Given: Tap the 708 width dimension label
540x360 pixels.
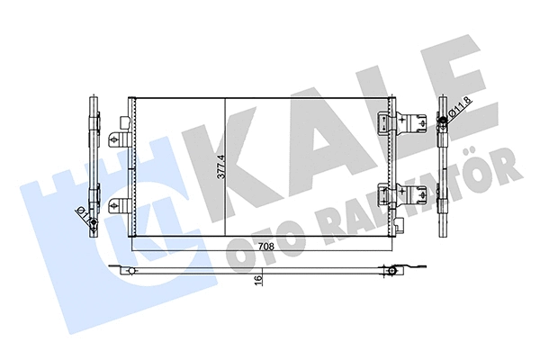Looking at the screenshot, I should point(267,244).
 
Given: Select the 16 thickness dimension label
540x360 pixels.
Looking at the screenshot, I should point(258,279).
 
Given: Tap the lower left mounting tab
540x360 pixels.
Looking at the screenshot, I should point(117,206).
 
